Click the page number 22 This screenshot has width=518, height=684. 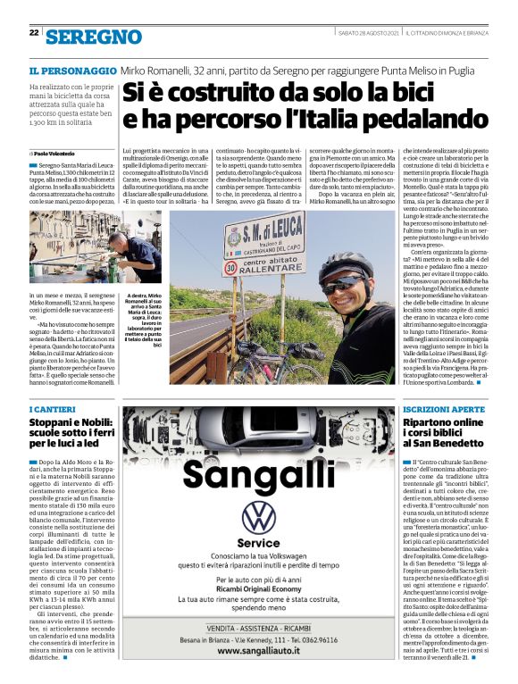33,33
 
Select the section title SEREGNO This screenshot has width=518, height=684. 94,37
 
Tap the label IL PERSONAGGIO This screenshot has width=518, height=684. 72,70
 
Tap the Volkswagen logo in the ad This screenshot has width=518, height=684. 259,518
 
